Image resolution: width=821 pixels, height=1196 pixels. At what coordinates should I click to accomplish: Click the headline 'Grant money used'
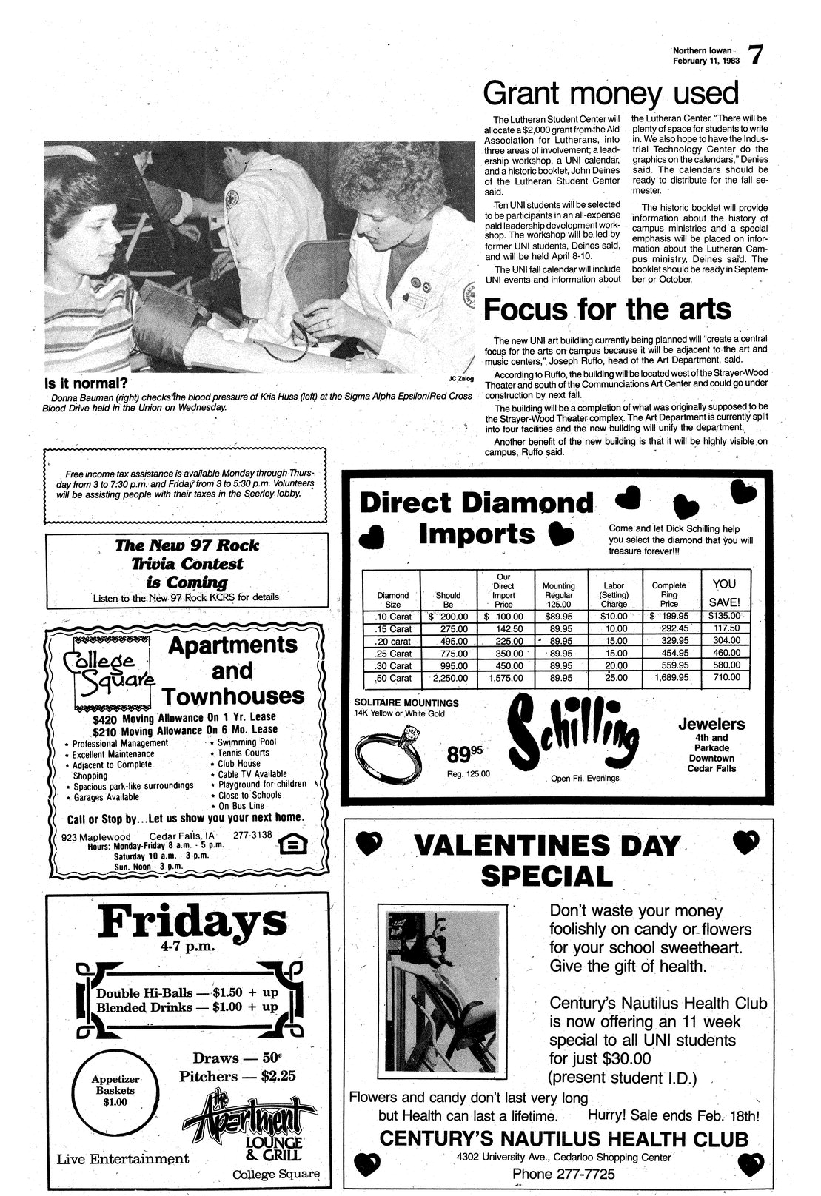(x=611, y=94)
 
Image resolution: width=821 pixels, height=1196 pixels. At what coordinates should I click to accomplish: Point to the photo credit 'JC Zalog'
(x=460, y=378)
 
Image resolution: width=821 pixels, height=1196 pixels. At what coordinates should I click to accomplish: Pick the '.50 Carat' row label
(x=393, y=677)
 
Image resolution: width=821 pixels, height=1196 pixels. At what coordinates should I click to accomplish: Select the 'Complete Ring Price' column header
(x=668, y=594)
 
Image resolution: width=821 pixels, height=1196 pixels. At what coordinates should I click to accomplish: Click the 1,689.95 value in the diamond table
(x=669, y=677)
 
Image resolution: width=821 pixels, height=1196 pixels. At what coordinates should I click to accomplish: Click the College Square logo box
(x=110, y=668)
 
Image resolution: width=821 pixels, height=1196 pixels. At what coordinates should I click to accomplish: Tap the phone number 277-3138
(x=252, y=834)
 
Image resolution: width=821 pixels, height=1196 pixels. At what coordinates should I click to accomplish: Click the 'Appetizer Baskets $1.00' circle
(x=114, y=1090)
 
